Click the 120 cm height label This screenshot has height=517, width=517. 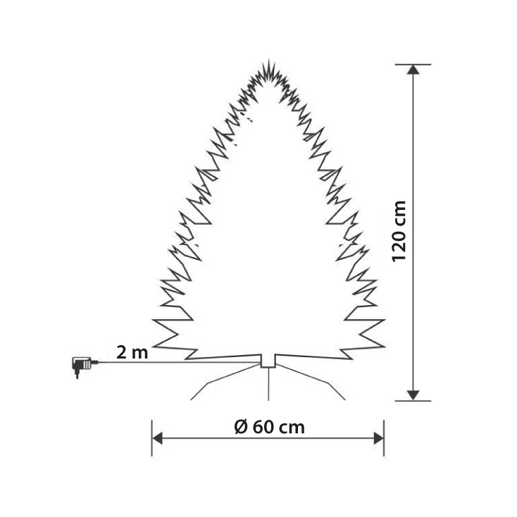(x=399, y=231)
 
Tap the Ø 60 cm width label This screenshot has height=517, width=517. (x=268, y=427)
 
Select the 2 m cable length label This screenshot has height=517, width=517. (x=132, y=352)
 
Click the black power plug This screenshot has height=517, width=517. (x=82, y=365)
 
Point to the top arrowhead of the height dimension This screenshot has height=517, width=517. (x=413, y=69)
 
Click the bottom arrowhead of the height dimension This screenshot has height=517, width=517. (x=413, y=395)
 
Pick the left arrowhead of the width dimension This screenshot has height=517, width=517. (x=158, y=439)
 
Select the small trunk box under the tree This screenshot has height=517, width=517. (x=268, y=361)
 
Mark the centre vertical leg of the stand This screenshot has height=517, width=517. (x=268, y=384)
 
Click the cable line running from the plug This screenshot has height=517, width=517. (x=176, y=363)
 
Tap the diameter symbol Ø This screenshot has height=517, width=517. (x=239, y=427)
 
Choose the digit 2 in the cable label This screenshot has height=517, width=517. (x=121, y=352)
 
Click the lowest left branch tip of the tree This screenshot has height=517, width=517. (x=154, y=345)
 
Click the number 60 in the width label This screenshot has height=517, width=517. (x=263, y=427)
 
